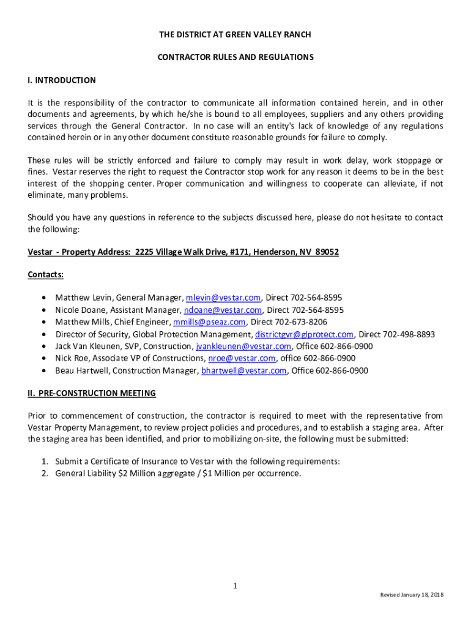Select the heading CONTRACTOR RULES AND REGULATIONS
(x=236, y=57)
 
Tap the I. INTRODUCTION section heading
(x=62, y=80)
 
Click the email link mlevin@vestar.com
(x=223, y=298)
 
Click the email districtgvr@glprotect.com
(x=304, y=334)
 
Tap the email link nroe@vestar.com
(x=242, y=358)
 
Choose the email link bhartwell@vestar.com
(x=244, y=370)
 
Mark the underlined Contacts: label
(x=46, y=275)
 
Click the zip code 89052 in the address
(x=327, y=252)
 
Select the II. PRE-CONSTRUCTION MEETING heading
(x=92, y=393)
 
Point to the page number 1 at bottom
(x=235, y=586)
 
